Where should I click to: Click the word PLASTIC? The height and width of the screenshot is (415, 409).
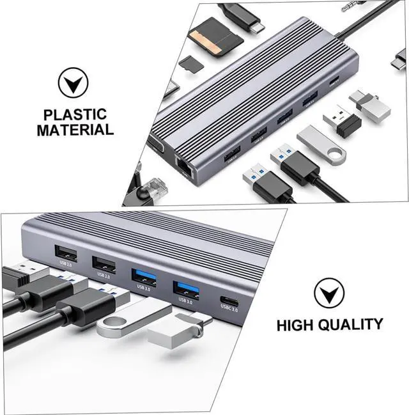point(75,115)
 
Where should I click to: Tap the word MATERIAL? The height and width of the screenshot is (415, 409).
point(75,130)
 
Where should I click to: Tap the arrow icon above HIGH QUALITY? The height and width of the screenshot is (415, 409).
point(328,294)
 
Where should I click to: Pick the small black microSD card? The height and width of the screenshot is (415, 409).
point(189,63)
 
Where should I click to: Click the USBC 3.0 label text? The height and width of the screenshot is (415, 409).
point(229,310)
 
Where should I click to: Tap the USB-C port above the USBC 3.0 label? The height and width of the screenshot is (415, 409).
point(229,301)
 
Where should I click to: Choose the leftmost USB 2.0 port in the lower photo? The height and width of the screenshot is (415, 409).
point(66,253)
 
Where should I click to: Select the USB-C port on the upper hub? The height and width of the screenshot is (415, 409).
point(336,81)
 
